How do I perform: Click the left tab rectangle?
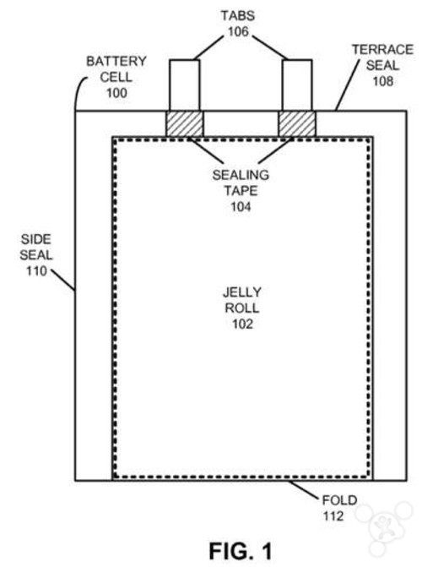point(184,85)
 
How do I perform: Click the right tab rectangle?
point(297,85)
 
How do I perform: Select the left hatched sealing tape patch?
point(184,123)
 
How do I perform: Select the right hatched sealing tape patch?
point(296,123)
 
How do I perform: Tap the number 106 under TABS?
point(238,32)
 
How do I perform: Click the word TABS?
point(238,16)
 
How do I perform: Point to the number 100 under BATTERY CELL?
point(116,93)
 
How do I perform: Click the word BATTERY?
point(116,61)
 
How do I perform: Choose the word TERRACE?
point(382,50)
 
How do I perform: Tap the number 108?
point(383,81)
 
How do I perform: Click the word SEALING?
point(241,176)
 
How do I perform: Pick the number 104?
point(241,207)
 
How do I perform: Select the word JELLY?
point(241,292)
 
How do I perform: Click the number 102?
point(242,324)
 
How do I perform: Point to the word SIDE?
point(36,239)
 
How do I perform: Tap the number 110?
point(36,271)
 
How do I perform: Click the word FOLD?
point(339,500)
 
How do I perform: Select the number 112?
point(333,516)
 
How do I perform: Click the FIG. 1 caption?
point(241,552)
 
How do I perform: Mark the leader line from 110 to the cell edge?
point(62,280)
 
